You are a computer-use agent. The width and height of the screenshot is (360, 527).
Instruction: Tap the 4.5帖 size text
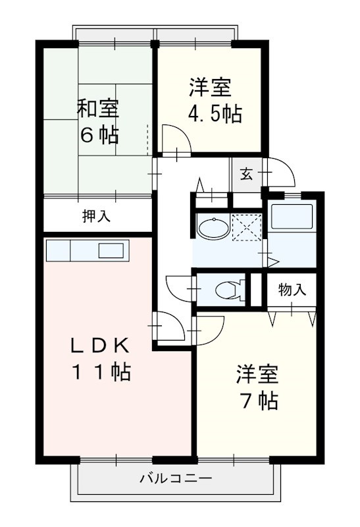215,114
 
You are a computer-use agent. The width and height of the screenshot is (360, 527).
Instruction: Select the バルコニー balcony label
175,479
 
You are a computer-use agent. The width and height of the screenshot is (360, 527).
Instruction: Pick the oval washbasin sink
213,229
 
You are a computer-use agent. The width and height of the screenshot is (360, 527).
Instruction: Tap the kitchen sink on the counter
111,250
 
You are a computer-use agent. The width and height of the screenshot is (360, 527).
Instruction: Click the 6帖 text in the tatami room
99,135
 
